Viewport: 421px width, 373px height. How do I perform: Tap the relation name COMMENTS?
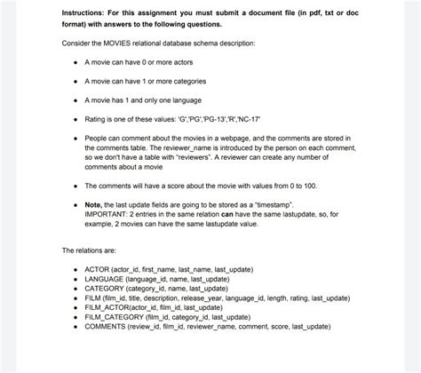108,327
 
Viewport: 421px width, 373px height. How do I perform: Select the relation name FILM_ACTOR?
108,307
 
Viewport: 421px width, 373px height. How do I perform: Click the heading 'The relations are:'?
91,250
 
